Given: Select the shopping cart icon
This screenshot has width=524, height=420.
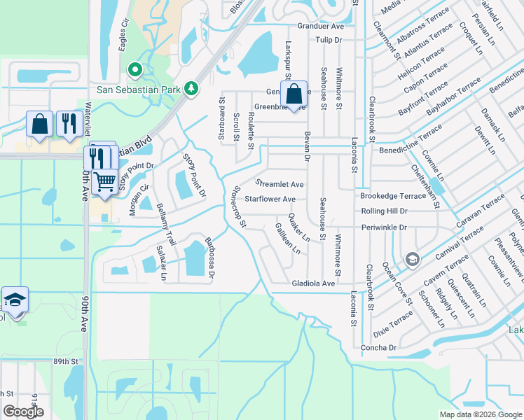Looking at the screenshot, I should pyautogui.click(x=104, y=181).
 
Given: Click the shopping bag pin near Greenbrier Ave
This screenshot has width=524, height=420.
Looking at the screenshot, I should pyautogui.click(x=294, y=93).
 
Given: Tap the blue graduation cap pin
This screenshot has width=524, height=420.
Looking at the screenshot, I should pyautogui.click(x=15, y=300).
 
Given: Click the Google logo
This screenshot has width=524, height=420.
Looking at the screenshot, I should pyautogui.click(x=23, y=412).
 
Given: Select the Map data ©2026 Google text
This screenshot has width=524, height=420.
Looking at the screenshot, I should pyautogui.click(x=480, y=414).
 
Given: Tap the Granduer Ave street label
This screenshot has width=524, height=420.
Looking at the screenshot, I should pyautogui.click(x=321, y=26).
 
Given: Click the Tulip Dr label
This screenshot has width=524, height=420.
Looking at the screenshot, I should pyautogui.click(x=329, y=41).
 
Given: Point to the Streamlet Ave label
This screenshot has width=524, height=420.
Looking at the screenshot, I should pyautogui.click(x=280, y=184).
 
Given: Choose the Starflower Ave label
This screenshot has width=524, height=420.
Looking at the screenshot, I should pyautogui.click(x=270, y=199).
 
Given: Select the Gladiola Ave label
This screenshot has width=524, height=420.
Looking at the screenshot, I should pyautogui.click(x=313, y=283).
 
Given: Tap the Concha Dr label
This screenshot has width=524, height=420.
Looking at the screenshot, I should pyautogui.click(x=378, y=347).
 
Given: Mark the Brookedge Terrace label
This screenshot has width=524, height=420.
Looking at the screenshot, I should pyautogui.click(x=392, y=197).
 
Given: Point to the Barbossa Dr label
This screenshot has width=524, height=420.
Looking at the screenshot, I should pyautogui.click(x=209, y=258).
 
